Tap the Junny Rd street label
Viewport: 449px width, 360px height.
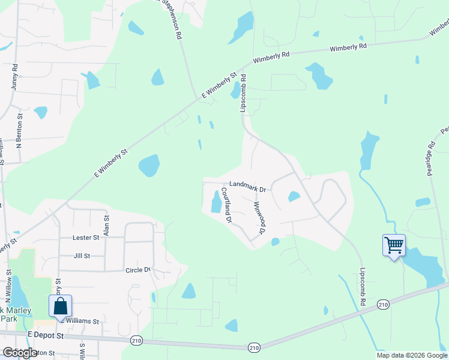pyautogui.click(x=14, y=77)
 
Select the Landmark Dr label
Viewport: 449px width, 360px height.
pyautogui.click(x=247, y=188)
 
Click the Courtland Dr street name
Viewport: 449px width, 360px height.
pyautogui.click(x=226, y=205)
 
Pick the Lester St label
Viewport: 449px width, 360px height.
pyautogui.click(x=85, y=238)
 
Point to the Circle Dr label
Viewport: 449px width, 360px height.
pyautogui.click(x=137, y=270)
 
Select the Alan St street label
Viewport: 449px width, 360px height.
pyautogui.click(x=106, y=226)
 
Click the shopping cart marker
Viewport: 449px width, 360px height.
pyautogui.click(x=394, y=245)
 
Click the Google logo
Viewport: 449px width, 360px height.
pyautogui.click(x=20, y=353)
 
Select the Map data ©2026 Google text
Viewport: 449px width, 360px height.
pyautogui.click(x=411, y=355)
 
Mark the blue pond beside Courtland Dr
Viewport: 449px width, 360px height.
pyautogui.click(x=215, y=202)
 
